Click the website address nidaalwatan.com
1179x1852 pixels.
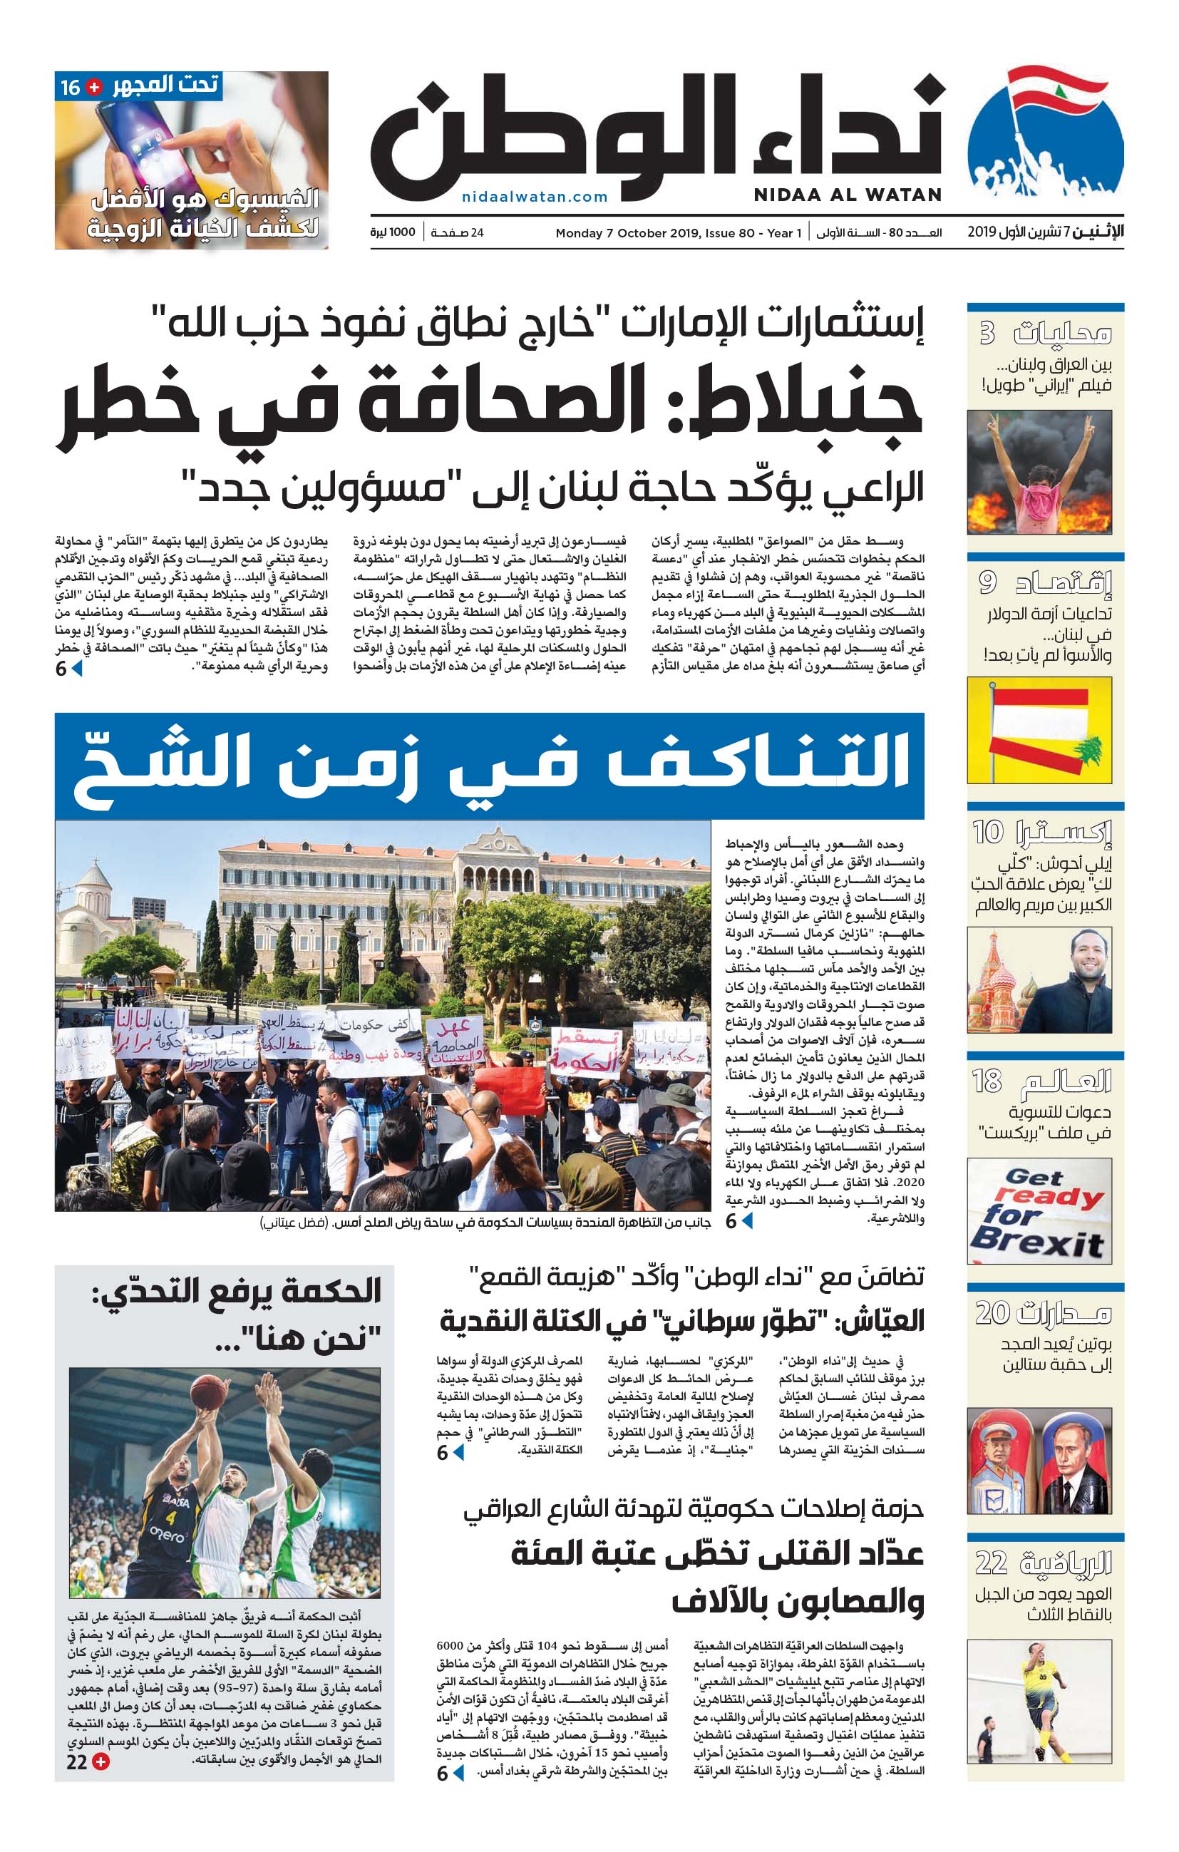point(535,197)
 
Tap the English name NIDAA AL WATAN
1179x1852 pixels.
point(847,195)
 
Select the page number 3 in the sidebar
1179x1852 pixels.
point(987,333)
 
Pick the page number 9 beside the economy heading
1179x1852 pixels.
point(987,582)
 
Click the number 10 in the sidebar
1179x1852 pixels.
point(988,831)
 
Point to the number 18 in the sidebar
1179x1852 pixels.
point(987,1081)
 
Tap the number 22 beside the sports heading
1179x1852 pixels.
point(992,1563)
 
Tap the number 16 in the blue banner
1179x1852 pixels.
point(70,87)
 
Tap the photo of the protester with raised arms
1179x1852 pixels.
point(1039,472)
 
